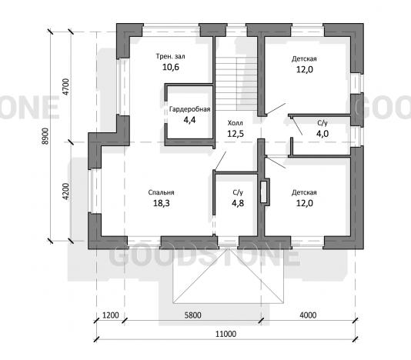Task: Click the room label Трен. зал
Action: tap(170, 56)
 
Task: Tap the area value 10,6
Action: tap(171, 68)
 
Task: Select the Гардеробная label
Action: tap(190, 109)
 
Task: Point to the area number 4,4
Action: tap(189, 120)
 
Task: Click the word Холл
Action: tap(235, 123)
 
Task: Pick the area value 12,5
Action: tap(236, 134)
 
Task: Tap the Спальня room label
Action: tap(161, 192)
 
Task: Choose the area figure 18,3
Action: tap(162, 203)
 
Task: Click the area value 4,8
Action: tap(238, 203)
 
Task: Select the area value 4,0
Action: tap(322, 134)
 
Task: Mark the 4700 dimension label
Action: tap(66, 87)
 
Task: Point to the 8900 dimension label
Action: tap(45, 136)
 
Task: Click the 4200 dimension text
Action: tap(66, 192)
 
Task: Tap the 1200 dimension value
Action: tap(110, 315)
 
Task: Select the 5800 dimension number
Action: tap(192, 315)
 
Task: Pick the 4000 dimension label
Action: tap(308, 315)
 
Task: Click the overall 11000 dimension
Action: tap(226, 334)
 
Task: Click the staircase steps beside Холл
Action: tap(237, 84)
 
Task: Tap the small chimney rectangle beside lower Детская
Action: tap(265, 192)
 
